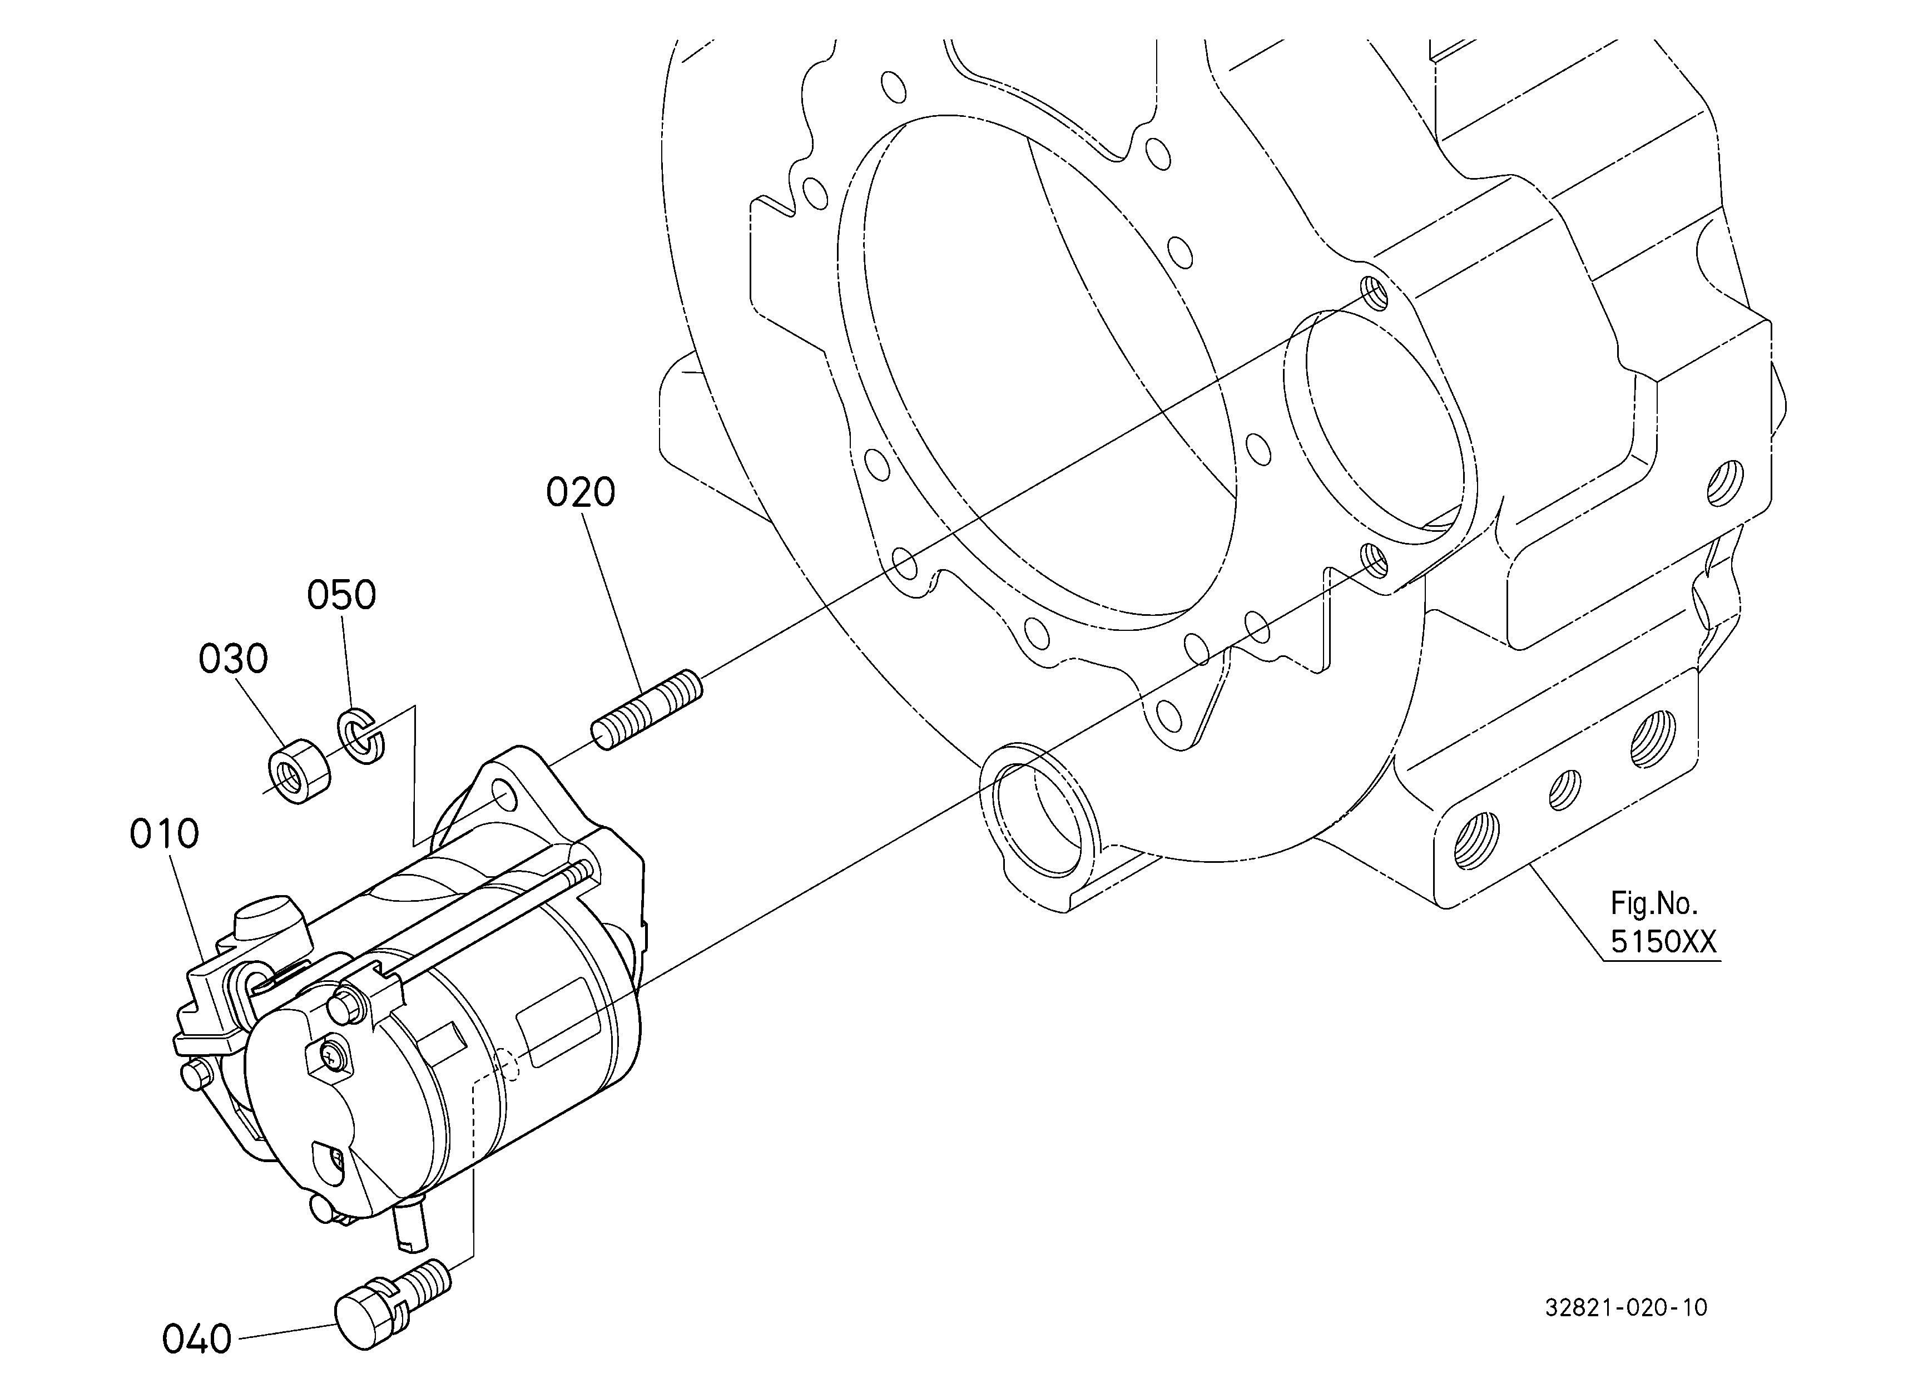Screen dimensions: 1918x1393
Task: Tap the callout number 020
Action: [580, 492]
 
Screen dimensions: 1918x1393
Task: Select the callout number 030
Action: [234, 659]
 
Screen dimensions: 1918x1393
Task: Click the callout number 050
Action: [341, 595]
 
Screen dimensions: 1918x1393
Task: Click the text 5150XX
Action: [1663, 942]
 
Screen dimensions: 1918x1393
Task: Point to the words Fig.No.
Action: [1653, 904]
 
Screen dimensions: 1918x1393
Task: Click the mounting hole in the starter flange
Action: [504, 795]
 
